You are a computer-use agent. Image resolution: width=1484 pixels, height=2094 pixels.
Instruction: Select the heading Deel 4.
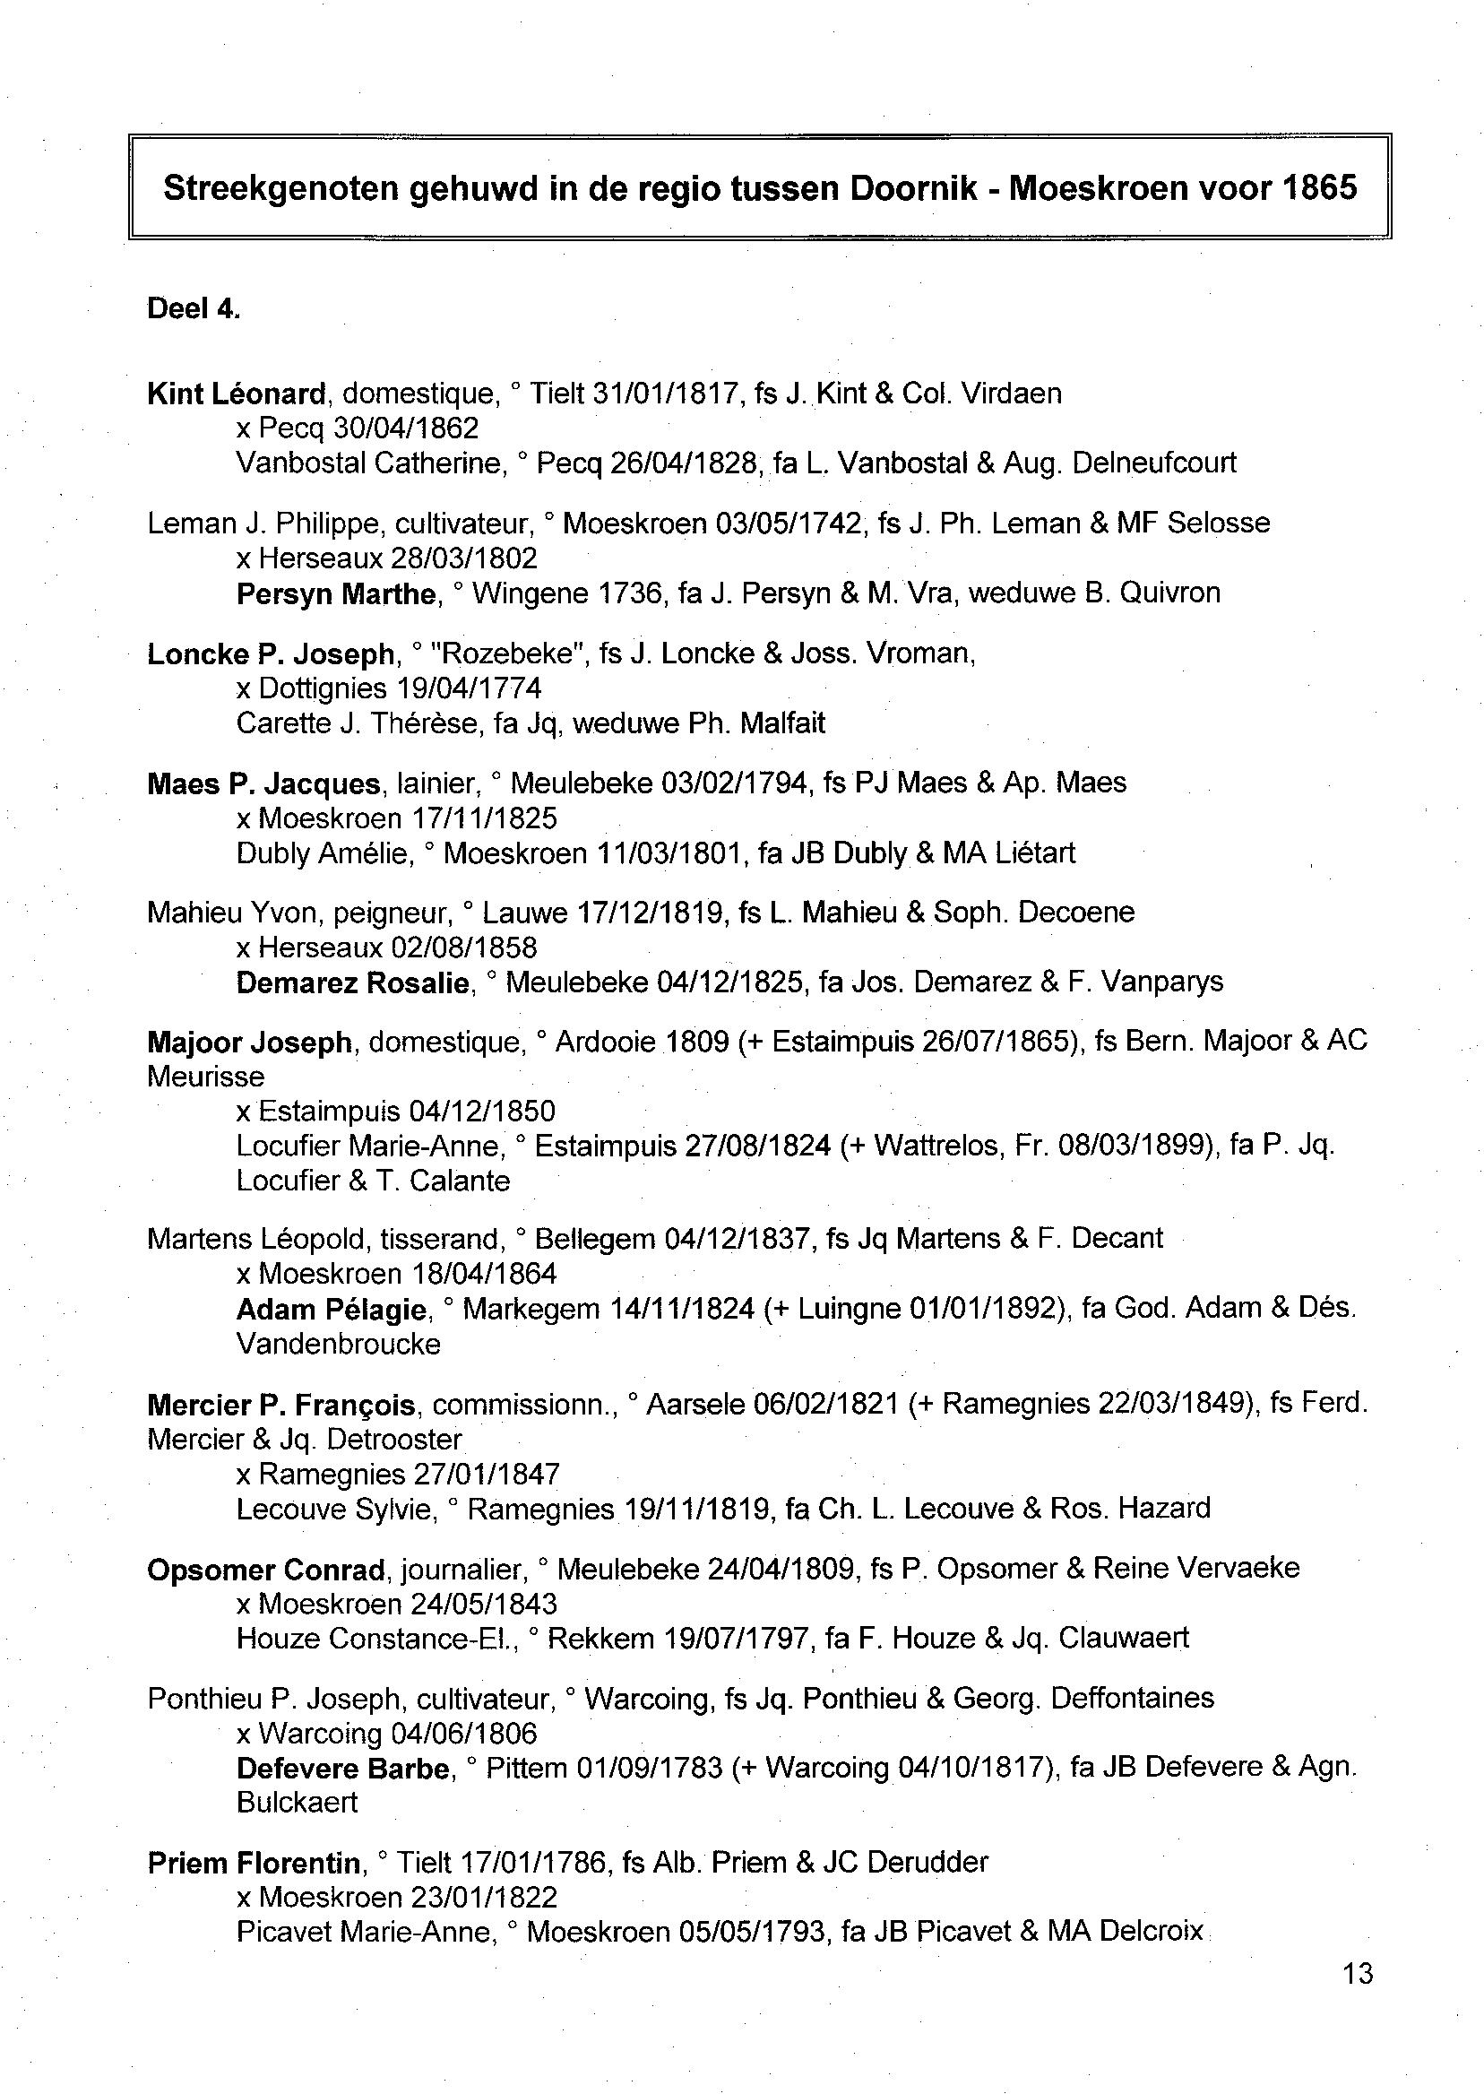(194, 309)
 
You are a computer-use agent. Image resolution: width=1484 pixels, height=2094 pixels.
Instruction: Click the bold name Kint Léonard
(236, 394)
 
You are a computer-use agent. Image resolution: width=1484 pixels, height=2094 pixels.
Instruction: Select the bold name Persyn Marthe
(336, 594)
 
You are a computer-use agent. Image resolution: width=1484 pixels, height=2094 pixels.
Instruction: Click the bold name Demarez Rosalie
(353, 982)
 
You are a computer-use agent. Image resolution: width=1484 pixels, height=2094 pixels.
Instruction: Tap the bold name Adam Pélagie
(332, 1310)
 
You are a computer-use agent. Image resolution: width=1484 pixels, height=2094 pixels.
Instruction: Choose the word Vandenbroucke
(338, 1344)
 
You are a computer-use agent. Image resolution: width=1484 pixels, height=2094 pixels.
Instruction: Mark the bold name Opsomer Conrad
(266, 1570)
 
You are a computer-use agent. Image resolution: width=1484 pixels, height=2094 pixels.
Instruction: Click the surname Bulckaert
(297, 1802)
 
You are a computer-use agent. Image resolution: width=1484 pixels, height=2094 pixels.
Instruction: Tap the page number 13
(1358, 1973)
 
